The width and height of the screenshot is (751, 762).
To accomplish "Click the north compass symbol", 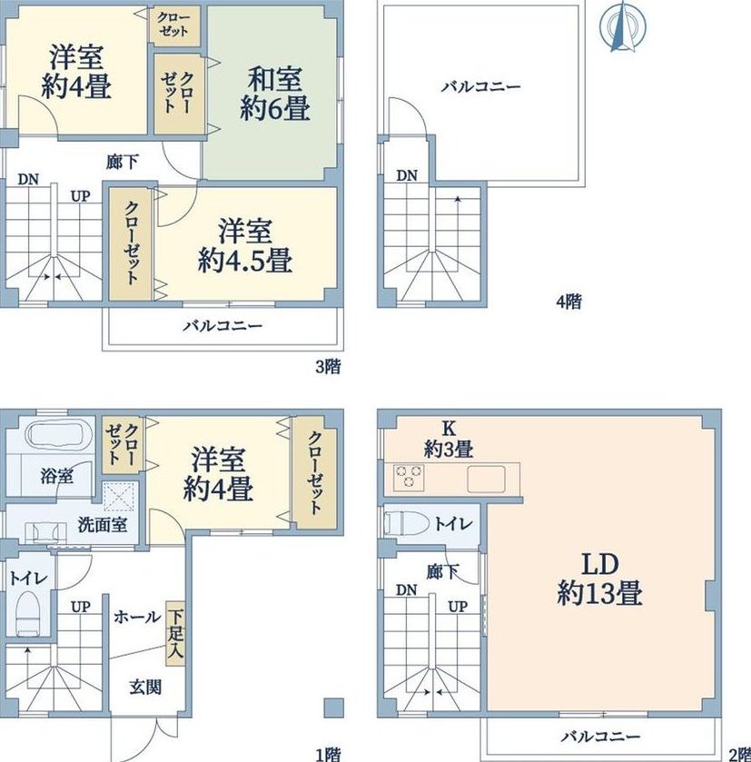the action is [x=622, y=26].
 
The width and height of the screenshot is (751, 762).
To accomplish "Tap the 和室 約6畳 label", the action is [x=275, y=94].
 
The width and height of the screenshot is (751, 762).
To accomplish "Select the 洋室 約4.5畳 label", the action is [x=245, y=246].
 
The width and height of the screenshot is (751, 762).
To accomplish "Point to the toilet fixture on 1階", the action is [x=27, y=613].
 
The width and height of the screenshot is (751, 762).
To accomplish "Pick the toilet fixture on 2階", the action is [x=407, y=523].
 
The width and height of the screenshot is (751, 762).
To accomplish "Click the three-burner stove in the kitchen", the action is [x=409, y=477].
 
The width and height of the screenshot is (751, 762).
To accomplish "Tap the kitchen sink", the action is [x=486, y=480].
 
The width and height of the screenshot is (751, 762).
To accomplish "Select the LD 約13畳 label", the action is [x=599, y=579].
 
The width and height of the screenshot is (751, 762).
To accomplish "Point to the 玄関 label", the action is [x=145, y=687].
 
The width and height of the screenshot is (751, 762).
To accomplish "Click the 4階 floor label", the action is [x=568, y=302].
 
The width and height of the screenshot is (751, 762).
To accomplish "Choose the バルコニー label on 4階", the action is [x=481, y=87].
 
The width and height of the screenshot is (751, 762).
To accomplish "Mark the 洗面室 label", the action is [x=103, y=524].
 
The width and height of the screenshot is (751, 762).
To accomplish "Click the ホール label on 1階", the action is [x=137, y=617].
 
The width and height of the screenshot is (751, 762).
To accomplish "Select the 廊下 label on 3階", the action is [x=123, y=162].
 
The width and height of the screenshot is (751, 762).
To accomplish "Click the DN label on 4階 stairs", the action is [x=407, y=175].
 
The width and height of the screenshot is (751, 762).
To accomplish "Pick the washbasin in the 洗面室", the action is [x=45, y=532].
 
